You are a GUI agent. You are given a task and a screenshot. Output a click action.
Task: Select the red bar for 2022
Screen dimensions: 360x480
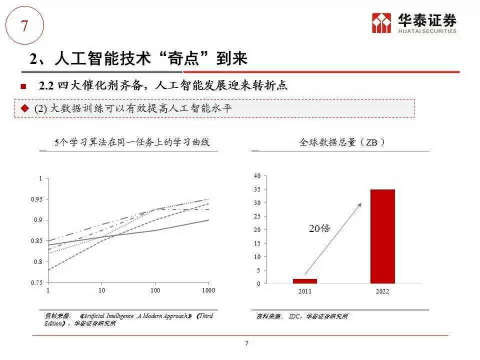click(382, 236)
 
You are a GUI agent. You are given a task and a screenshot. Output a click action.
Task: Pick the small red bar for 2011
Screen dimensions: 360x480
click(304, 281)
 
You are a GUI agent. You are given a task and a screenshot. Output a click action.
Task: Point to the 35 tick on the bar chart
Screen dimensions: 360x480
click(257, 189)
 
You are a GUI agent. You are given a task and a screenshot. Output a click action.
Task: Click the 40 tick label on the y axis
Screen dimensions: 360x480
click(257, 176)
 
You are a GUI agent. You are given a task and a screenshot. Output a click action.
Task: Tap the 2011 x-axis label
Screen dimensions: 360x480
click(304, 291)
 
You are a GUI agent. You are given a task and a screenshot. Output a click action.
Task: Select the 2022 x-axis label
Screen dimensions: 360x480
click(382, 291)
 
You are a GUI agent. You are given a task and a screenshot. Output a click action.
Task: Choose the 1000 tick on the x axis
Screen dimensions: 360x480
click(208, 290)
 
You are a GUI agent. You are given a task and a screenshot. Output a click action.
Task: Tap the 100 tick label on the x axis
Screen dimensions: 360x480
click(155, 290)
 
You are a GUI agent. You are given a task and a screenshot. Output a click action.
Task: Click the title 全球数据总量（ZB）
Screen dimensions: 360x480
click(342, 142)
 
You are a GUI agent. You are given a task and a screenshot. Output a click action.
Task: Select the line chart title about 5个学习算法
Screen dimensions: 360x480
click(132, 142)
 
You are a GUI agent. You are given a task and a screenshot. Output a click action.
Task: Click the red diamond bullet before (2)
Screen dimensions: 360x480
click(24, 108)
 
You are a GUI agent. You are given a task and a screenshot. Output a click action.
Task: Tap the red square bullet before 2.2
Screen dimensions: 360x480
click(22, 86)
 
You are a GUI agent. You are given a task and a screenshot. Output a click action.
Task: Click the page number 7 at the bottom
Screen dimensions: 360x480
click(247, 343)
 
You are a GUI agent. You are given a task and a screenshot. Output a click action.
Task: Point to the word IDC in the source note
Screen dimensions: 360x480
click(294, 316)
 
